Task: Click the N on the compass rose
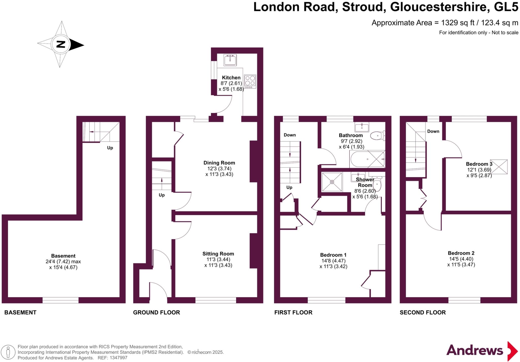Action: [61, 44]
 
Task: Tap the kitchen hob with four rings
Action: [250, 81]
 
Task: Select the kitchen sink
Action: [230, 60]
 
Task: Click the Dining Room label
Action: [219, 163]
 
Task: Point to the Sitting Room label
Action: [218, 254]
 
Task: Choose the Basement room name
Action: [63, 256]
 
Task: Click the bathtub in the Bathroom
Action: [367, 159]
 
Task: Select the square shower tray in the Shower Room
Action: [332, 182]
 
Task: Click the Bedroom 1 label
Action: [333, 255]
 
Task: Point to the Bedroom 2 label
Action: [461, 253]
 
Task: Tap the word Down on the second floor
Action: [433, 131]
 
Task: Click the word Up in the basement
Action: [110, 148]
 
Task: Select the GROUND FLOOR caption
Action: [156, 312]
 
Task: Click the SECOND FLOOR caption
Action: [422, 312]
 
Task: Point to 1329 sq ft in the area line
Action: [458, 23]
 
